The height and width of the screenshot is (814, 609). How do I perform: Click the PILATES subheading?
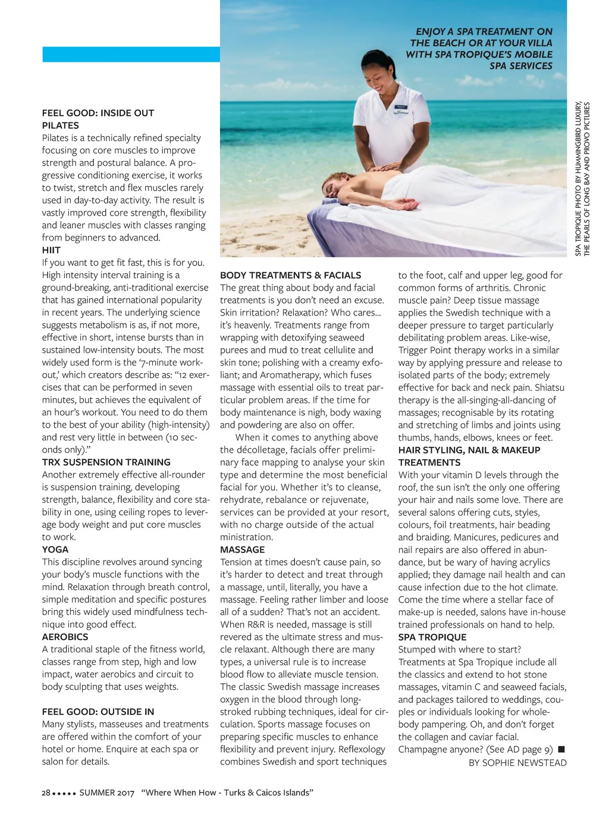[x=60, y=125]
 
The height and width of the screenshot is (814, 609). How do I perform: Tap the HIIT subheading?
[x=51, y=250]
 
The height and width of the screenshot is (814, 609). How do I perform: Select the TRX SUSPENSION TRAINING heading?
[x=106, y=462]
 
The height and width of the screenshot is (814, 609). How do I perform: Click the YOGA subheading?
[x=55, y=550]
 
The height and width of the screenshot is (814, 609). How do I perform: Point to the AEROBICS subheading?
[x=65, y=637]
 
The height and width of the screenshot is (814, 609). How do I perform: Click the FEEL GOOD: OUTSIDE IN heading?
[x=98, y=712]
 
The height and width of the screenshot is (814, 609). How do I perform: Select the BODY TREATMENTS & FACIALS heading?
[x=290, y=276]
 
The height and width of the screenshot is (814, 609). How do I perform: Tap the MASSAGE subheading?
[x=242, y=550]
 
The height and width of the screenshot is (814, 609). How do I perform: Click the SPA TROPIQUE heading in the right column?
[x=432, y=638]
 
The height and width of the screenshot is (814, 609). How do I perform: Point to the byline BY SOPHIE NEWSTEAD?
[x=517, y=763]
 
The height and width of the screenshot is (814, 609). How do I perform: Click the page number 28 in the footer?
[x=46, y=793]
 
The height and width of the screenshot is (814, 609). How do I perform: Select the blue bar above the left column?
[x=131, y=55]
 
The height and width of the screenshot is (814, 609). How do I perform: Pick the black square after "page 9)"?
[x=561, y=749]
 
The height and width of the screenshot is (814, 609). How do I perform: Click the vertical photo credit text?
[x=582, y=179]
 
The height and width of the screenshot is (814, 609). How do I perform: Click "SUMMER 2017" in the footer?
[x=107, y=793]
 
